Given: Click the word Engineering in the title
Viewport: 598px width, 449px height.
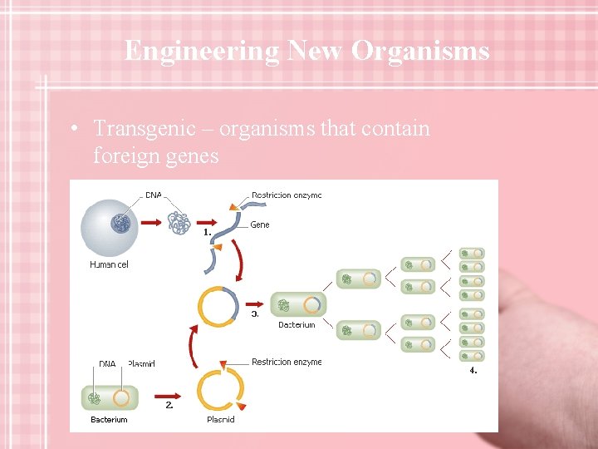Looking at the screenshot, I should (202, 52).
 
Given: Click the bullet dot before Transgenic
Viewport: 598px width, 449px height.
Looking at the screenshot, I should (75, 130).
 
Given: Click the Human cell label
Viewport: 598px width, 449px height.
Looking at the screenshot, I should (109, 264).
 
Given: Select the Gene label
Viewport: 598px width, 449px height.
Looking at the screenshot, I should (260, 224).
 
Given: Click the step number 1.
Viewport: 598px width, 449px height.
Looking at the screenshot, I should (208, 233).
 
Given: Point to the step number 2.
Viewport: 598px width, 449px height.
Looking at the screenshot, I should (169, 405).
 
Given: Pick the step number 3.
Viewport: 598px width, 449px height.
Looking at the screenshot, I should (255, 314).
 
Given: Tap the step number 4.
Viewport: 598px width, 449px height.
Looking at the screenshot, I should (473, 370).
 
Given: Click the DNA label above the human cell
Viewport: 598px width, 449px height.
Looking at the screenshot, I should (154, 195).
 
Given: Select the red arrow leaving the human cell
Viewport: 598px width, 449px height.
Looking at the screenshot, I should (149, 223).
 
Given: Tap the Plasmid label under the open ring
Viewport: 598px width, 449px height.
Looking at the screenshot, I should (221, 420).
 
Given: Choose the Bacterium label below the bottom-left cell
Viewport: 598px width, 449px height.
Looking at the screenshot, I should (109, 420).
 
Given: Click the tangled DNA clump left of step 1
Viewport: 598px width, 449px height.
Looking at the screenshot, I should (179, 223).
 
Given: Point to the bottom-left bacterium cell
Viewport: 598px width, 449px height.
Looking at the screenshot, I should (109, 397).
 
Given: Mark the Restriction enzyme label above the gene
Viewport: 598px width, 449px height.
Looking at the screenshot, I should (286, 195).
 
